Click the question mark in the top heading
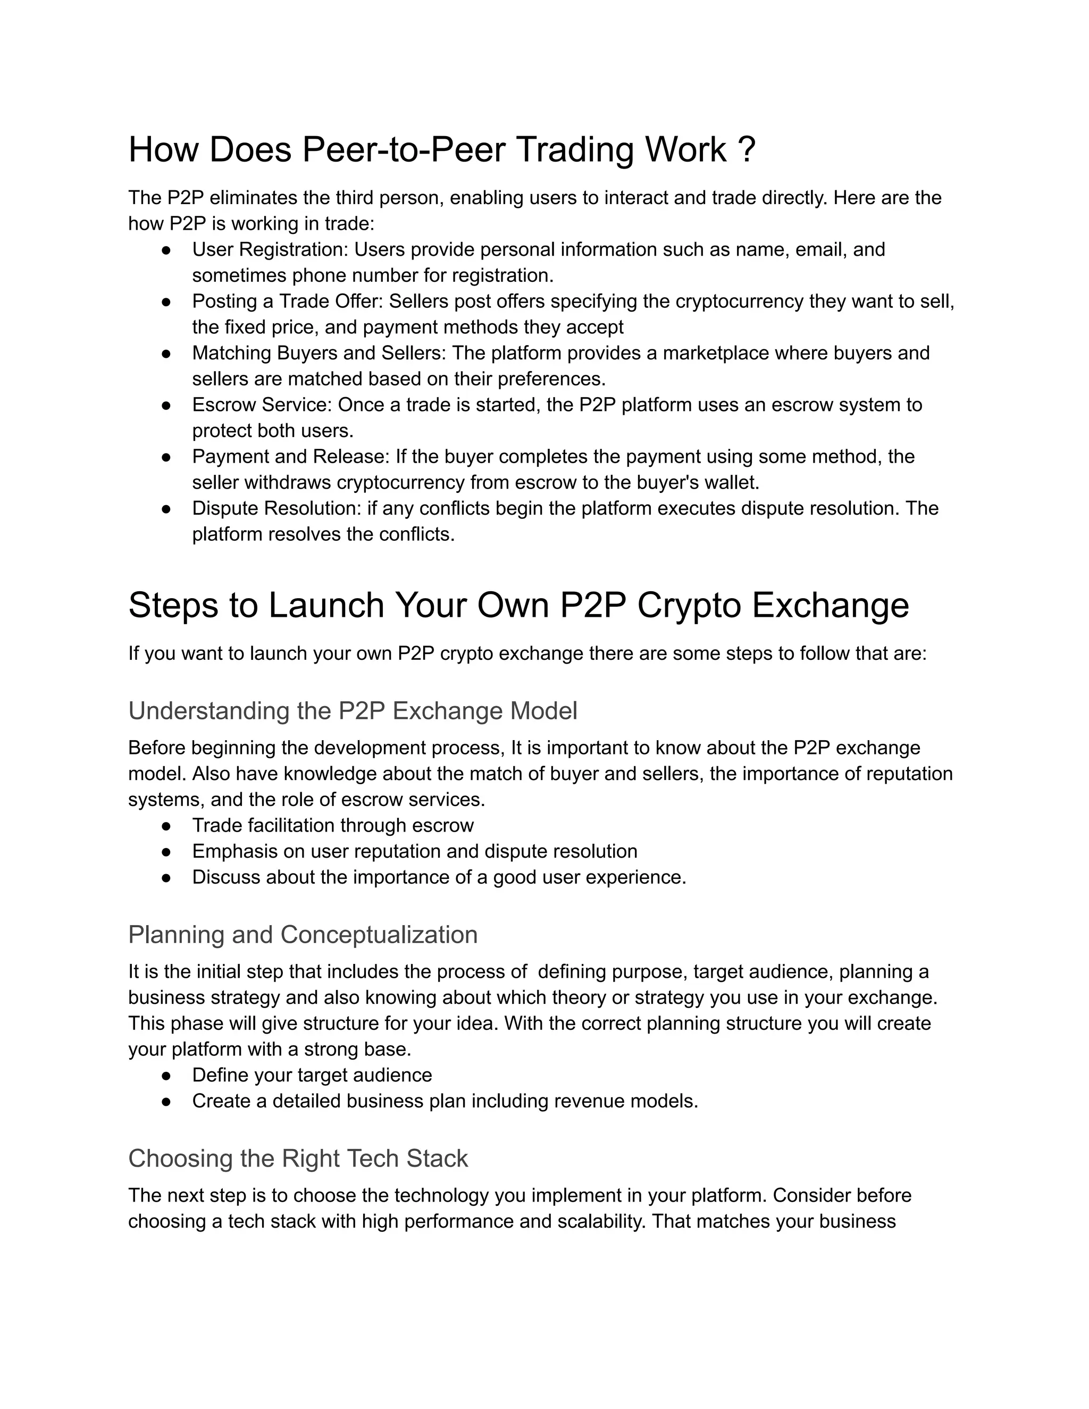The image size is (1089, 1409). point(745,150)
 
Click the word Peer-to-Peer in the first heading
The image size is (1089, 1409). point(403,150)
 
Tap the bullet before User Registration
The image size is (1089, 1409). point(166,250)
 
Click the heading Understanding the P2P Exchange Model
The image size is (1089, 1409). point(352,711)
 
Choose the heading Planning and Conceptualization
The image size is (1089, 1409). point(303,935)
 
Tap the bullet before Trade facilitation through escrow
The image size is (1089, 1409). point(166,826)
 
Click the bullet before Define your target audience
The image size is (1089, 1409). point(166,1076)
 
